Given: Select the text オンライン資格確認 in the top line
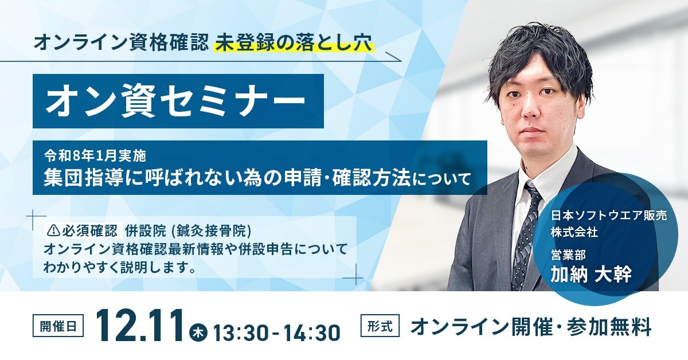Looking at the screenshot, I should point(121,44).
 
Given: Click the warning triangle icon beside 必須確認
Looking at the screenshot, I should point(54,230).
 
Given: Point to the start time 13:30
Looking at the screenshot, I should point(237,331).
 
